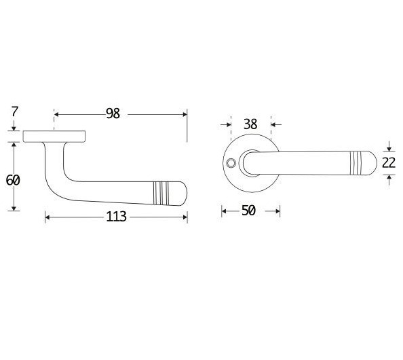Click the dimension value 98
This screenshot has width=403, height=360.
coord(113,114)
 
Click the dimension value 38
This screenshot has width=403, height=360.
coord(250,124)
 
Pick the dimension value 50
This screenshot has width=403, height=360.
coord(248,211)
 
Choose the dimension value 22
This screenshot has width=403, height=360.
coord(388,162)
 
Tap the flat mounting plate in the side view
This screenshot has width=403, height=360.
coord(54,136)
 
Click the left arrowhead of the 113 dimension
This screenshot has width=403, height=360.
coord(47,217)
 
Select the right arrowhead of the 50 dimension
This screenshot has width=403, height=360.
coord(277,211)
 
